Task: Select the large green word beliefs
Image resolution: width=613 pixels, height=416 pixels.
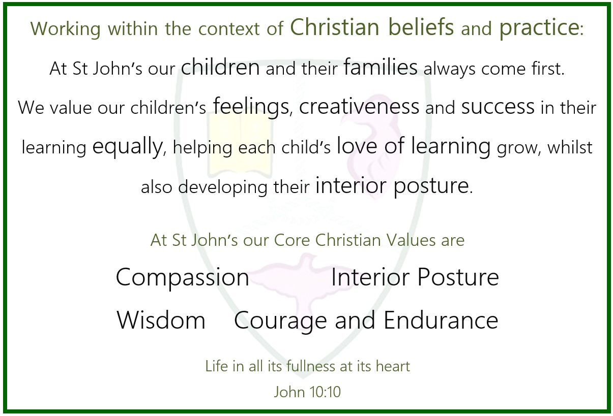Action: point(421,27)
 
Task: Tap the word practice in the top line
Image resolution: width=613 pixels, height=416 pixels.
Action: point(539,28)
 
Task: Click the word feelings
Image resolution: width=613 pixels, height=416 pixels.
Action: point(251,107)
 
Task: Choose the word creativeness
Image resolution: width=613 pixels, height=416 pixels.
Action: point(359,106)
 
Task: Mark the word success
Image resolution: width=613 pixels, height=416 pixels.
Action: point(498,107)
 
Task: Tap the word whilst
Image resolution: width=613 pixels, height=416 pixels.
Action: point(570,147)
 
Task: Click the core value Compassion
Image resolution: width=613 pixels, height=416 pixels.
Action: point(183,278)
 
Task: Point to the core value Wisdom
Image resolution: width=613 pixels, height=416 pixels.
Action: point(161,321)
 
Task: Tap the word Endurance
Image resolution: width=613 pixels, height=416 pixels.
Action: point(441,320)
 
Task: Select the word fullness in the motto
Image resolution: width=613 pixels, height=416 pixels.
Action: point(311,366)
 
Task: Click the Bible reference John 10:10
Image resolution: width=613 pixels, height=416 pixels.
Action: point(307,392)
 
